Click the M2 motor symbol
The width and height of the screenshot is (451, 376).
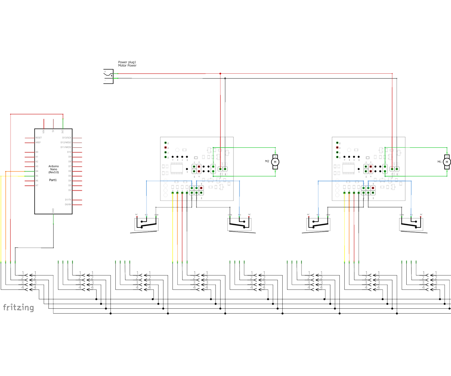coord(275,162)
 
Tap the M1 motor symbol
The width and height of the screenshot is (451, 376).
coord(446,162)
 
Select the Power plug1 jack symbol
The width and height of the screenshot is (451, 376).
coord(108,76)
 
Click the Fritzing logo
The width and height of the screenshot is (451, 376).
coord(18,308)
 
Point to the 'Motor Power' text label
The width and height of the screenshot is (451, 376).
coord(127,65)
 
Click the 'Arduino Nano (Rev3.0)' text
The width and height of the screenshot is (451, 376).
coord(53,169)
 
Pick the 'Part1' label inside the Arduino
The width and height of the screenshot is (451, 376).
coord(53,180)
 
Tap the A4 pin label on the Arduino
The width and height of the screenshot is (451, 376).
coord(36,171)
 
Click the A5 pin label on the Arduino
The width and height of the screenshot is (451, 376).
coord(36,176)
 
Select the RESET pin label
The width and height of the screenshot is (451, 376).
coord(38,138)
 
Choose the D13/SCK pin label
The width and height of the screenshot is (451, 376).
coord(67,138)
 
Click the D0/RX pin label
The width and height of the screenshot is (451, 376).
coord(68,205)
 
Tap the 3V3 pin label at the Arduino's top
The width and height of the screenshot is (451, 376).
coord(63,131)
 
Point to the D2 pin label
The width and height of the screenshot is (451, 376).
coord(70,190)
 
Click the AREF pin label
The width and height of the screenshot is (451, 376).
coord(38,143)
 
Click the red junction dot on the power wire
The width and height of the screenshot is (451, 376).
coord(220,74)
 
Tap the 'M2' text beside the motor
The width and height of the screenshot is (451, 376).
coord(267,161)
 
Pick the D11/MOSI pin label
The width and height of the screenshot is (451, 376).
coord(66,147)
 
